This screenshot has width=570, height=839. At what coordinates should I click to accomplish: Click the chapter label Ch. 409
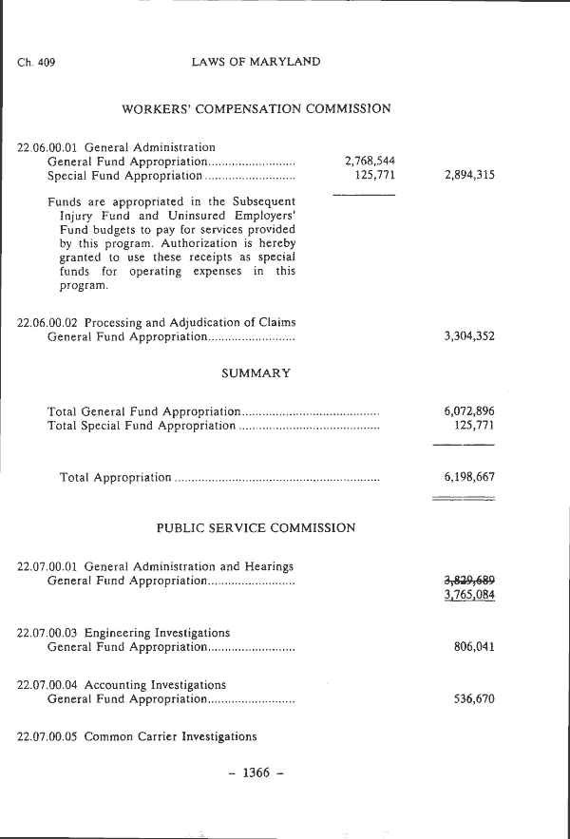(x=36, y=63)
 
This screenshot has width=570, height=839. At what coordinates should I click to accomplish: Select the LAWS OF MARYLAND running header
(x=256, y=62)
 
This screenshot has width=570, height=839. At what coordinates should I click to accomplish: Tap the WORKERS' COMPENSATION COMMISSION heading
(x=256, y=109)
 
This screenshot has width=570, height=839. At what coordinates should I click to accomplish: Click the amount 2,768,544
(x=370, y=162)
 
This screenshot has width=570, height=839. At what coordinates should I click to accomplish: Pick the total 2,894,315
(x=468, y=176)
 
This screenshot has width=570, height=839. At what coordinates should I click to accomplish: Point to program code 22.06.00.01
(x=49, y=147)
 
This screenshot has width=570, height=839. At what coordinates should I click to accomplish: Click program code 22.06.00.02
(x=49, y=322)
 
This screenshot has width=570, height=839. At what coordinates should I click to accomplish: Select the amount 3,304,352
(x=468, y=336)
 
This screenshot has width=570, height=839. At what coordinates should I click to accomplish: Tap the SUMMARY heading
(x=256, y=373)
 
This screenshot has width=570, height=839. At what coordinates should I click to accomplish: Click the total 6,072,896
(x=468, y=411)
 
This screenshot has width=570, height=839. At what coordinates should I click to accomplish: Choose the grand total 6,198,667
(x=468, y=477)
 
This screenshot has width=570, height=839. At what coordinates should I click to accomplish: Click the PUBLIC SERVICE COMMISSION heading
(x=256, y=527)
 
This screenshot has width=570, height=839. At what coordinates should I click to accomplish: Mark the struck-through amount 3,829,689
(x=468, y=580)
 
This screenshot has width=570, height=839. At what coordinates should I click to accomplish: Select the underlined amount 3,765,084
(x=468, y=596)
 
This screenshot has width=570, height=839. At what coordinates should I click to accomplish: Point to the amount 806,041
(x=474, y=647)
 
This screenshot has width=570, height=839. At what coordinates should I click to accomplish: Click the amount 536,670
(x=474, y=699)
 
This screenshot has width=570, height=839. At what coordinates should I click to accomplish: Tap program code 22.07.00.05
(x=49, y=736)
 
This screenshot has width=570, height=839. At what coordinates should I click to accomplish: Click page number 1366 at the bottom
(x=256, y=772)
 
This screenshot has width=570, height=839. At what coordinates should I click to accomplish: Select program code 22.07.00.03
(x=49, y=633)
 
